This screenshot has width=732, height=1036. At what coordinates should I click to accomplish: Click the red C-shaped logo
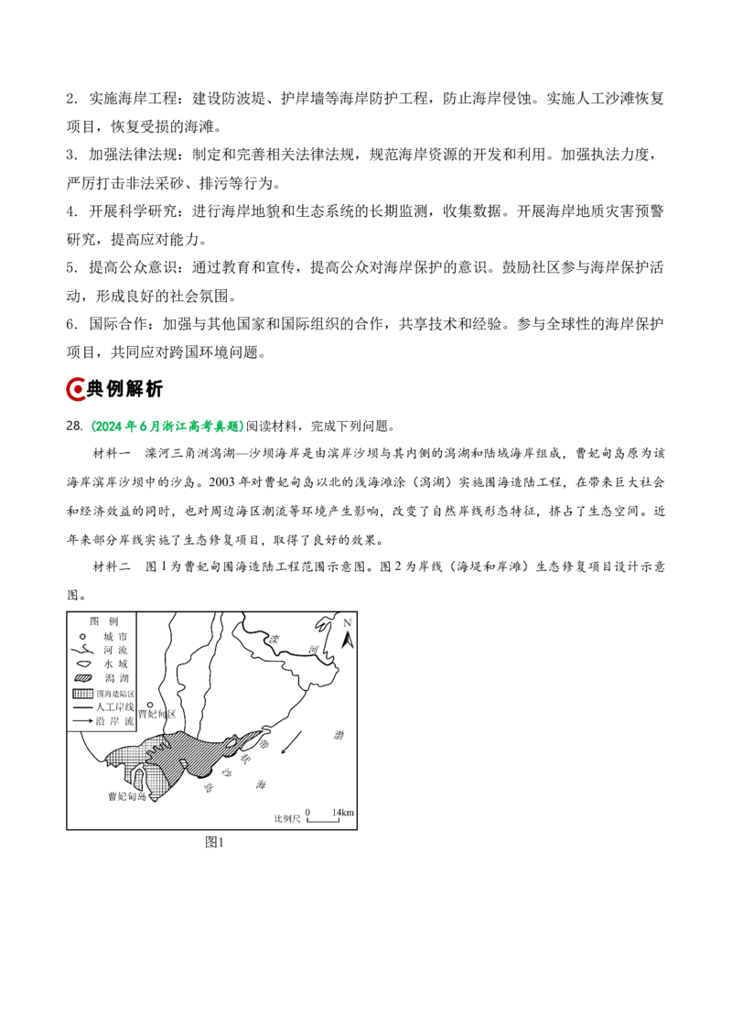(x=76, y=389)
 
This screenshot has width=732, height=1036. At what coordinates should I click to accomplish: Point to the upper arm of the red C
(x=77, y=379)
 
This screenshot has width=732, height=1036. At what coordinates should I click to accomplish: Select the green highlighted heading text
(x=169, y=426)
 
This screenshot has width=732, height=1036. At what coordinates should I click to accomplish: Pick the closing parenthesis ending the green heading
(x=242, y=426)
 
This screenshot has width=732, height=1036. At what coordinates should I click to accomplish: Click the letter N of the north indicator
(x=347, y=622)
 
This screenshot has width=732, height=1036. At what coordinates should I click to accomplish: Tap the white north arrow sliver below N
(x=350, y=641)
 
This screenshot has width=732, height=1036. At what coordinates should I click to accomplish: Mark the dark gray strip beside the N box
(x=355, y=622)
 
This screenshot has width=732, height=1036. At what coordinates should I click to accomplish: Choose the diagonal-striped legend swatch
(x=83, y=678)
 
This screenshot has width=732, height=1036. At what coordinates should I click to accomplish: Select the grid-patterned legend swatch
(x=83, y=695)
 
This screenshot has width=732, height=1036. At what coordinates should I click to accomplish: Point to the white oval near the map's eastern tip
(x=231, y=744)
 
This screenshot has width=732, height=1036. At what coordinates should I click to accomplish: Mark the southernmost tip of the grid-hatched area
(x=154, y=799)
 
